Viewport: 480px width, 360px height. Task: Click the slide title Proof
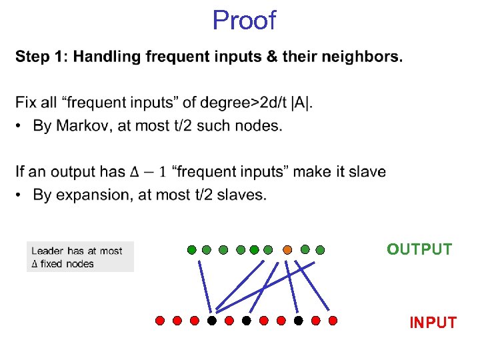(x=243, y=21)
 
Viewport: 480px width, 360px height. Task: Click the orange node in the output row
(x=287, y=250)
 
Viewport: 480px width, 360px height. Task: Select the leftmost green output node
(x=192, y=250)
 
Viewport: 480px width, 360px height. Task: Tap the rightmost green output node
(x=320, y=250)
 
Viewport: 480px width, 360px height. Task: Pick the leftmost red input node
(x=160, y=320)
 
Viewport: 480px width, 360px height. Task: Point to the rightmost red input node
(x=333, y=320)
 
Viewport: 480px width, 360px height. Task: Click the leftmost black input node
(x=212, y=320)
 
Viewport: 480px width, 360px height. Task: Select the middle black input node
(x=247, y=320)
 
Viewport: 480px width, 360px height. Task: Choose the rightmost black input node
(x=299, y=320)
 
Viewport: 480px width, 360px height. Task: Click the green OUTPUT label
(x=419, y=249)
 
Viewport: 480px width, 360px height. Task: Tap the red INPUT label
(x=433, y=323)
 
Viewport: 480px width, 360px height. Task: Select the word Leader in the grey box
(x=47, y=251)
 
